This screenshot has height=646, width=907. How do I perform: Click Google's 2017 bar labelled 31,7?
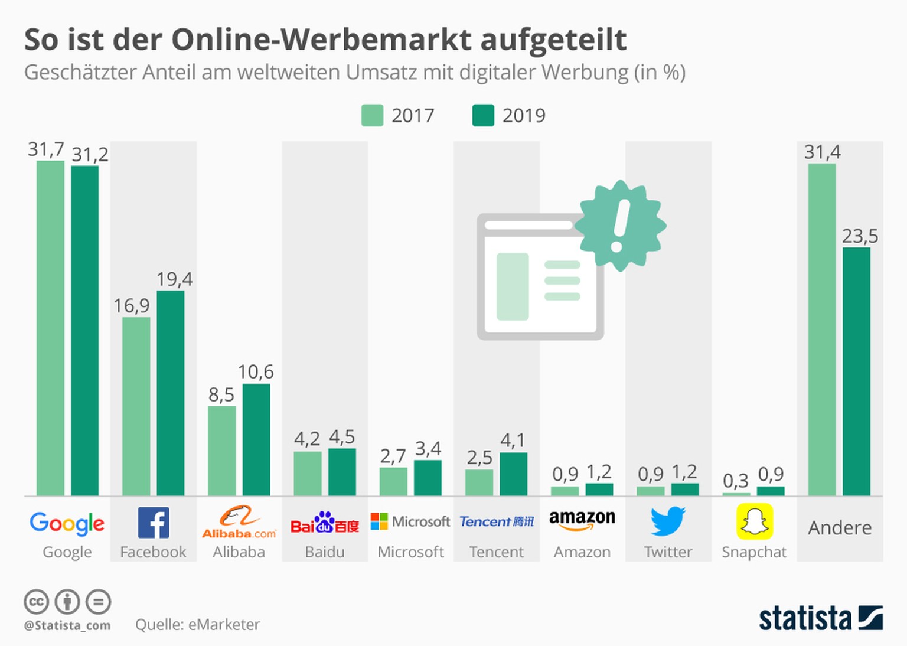[x=50, y=328]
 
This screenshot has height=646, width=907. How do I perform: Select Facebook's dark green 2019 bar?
[x=170, y=393]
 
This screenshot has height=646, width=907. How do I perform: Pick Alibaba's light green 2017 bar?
[x=221, y=451]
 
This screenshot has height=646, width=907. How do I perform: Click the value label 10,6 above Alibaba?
[x=256, y=372]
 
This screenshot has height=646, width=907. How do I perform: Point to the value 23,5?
[x=860, y=236]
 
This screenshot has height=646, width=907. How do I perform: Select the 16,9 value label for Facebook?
[x=132, y=305]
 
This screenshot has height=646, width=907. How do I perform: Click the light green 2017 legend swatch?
[x=372, y=116]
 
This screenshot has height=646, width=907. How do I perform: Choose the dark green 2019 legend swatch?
[x=483, y=116]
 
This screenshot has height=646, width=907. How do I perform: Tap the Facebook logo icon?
[x=154, y=523]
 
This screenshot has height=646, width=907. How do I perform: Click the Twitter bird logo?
[x=668, y=521]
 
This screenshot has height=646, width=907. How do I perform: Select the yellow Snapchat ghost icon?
[x=754, y=521]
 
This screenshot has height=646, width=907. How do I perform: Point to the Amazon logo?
[x=582, y=520]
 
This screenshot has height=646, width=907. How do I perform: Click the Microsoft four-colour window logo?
[x=379, y=521]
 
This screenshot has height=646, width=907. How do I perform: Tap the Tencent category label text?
[x=497, y=552]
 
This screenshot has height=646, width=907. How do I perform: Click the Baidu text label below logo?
[x=325, y=552]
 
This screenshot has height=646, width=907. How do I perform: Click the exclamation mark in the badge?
[x=620, y=225]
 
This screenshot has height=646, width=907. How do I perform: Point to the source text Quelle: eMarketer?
[x=197, y=625]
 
